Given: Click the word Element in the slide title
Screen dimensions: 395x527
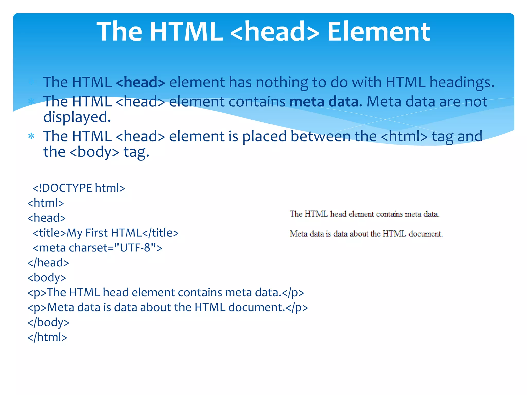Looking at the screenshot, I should point(379,32).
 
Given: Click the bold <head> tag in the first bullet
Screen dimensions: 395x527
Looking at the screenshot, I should point(140,82).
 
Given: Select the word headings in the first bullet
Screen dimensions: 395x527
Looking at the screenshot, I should point(462,82).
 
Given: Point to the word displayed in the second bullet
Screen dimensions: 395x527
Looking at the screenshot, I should point(77,117).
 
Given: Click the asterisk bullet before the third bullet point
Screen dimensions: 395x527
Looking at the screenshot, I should point(31,136).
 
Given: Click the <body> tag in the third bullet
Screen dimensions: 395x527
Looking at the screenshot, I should point(94,152).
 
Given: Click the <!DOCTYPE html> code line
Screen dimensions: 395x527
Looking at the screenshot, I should point(79,188).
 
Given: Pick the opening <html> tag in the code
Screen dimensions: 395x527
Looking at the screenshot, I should point(46,203).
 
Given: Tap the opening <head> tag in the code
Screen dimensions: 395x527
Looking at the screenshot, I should point(47,218).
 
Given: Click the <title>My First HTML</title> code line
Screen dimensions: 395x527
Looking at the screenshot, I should point(106,233).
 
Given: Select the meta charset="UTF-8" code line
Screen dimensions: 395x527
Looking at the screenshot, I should point(98,248).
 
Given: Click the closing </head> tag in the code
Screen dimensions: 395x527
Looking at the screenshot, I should point(48,263).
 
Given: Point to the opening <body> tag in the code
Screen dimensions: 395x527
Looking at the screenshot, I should point(47,277).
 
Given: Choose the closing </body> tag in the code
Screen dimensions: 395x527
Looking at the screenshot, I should point(48,322).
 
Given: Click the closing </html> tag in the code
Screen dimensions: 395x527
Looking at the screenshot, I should point(47,337).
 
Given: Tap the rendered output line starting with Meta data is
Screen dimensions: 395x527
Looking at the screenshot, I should point(366,234).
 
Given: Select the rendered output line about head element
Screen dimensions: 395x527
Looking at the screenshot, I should point(364,214).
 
